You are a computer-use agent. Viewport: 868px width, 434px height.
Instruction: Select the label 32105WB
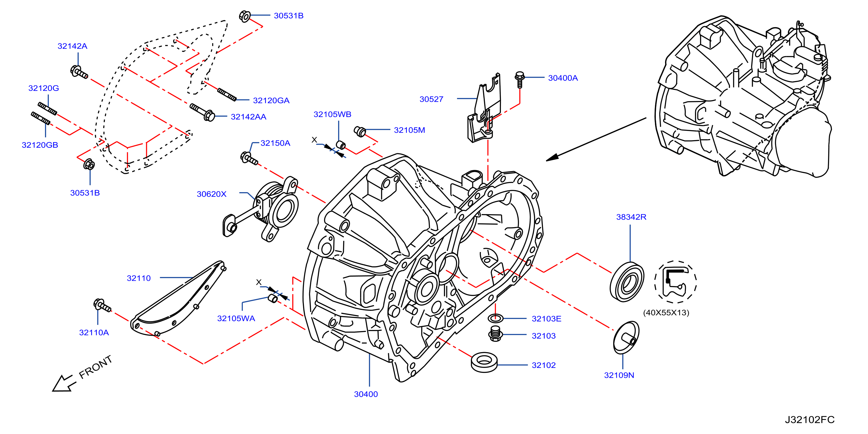tap(332, 114)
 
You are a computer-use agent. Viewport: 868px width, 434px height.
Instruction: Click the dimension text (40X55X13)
tap(666, 313)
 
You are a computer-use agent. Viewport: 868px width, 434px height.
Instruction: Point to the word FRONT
tap(95, 367)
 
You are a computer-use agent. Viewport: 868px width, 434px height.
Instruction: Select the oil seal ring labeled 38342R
tap(627, 282)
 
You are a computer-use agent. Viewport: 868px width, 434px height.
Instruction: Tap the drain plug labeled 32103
tap(495, 333)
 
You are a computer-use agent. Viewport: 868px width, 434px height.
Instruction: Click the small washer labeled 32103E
tap(495, 318)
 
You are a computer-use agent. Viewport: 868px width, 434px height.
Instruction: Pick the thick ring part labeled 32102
tap(484, 363)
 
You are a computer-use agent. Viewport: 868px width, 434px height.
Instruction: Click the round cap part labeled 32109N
tap(626, 337)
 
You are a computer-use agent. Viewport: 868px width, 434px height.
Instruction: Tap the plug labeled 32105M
tap(360, 132)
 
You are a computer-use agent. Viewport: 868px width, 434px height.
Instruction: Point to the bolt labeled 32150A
tap(249, 159)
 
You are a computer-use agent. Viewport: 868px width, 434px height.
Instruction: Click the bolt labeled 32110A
tap(102, 305)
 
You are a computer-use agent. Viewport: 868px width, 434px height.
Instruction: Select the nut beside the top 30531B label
tap(245, 16)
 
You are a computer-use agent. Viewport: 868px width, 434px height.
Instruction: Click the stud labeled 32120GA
tap(227, 94)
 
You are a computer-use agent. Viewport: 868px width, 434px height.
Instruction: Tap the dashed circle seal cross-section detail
tap(676, 282)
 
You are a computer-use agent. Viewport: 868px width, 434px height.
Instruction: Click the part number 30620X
tap(212, 194)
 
